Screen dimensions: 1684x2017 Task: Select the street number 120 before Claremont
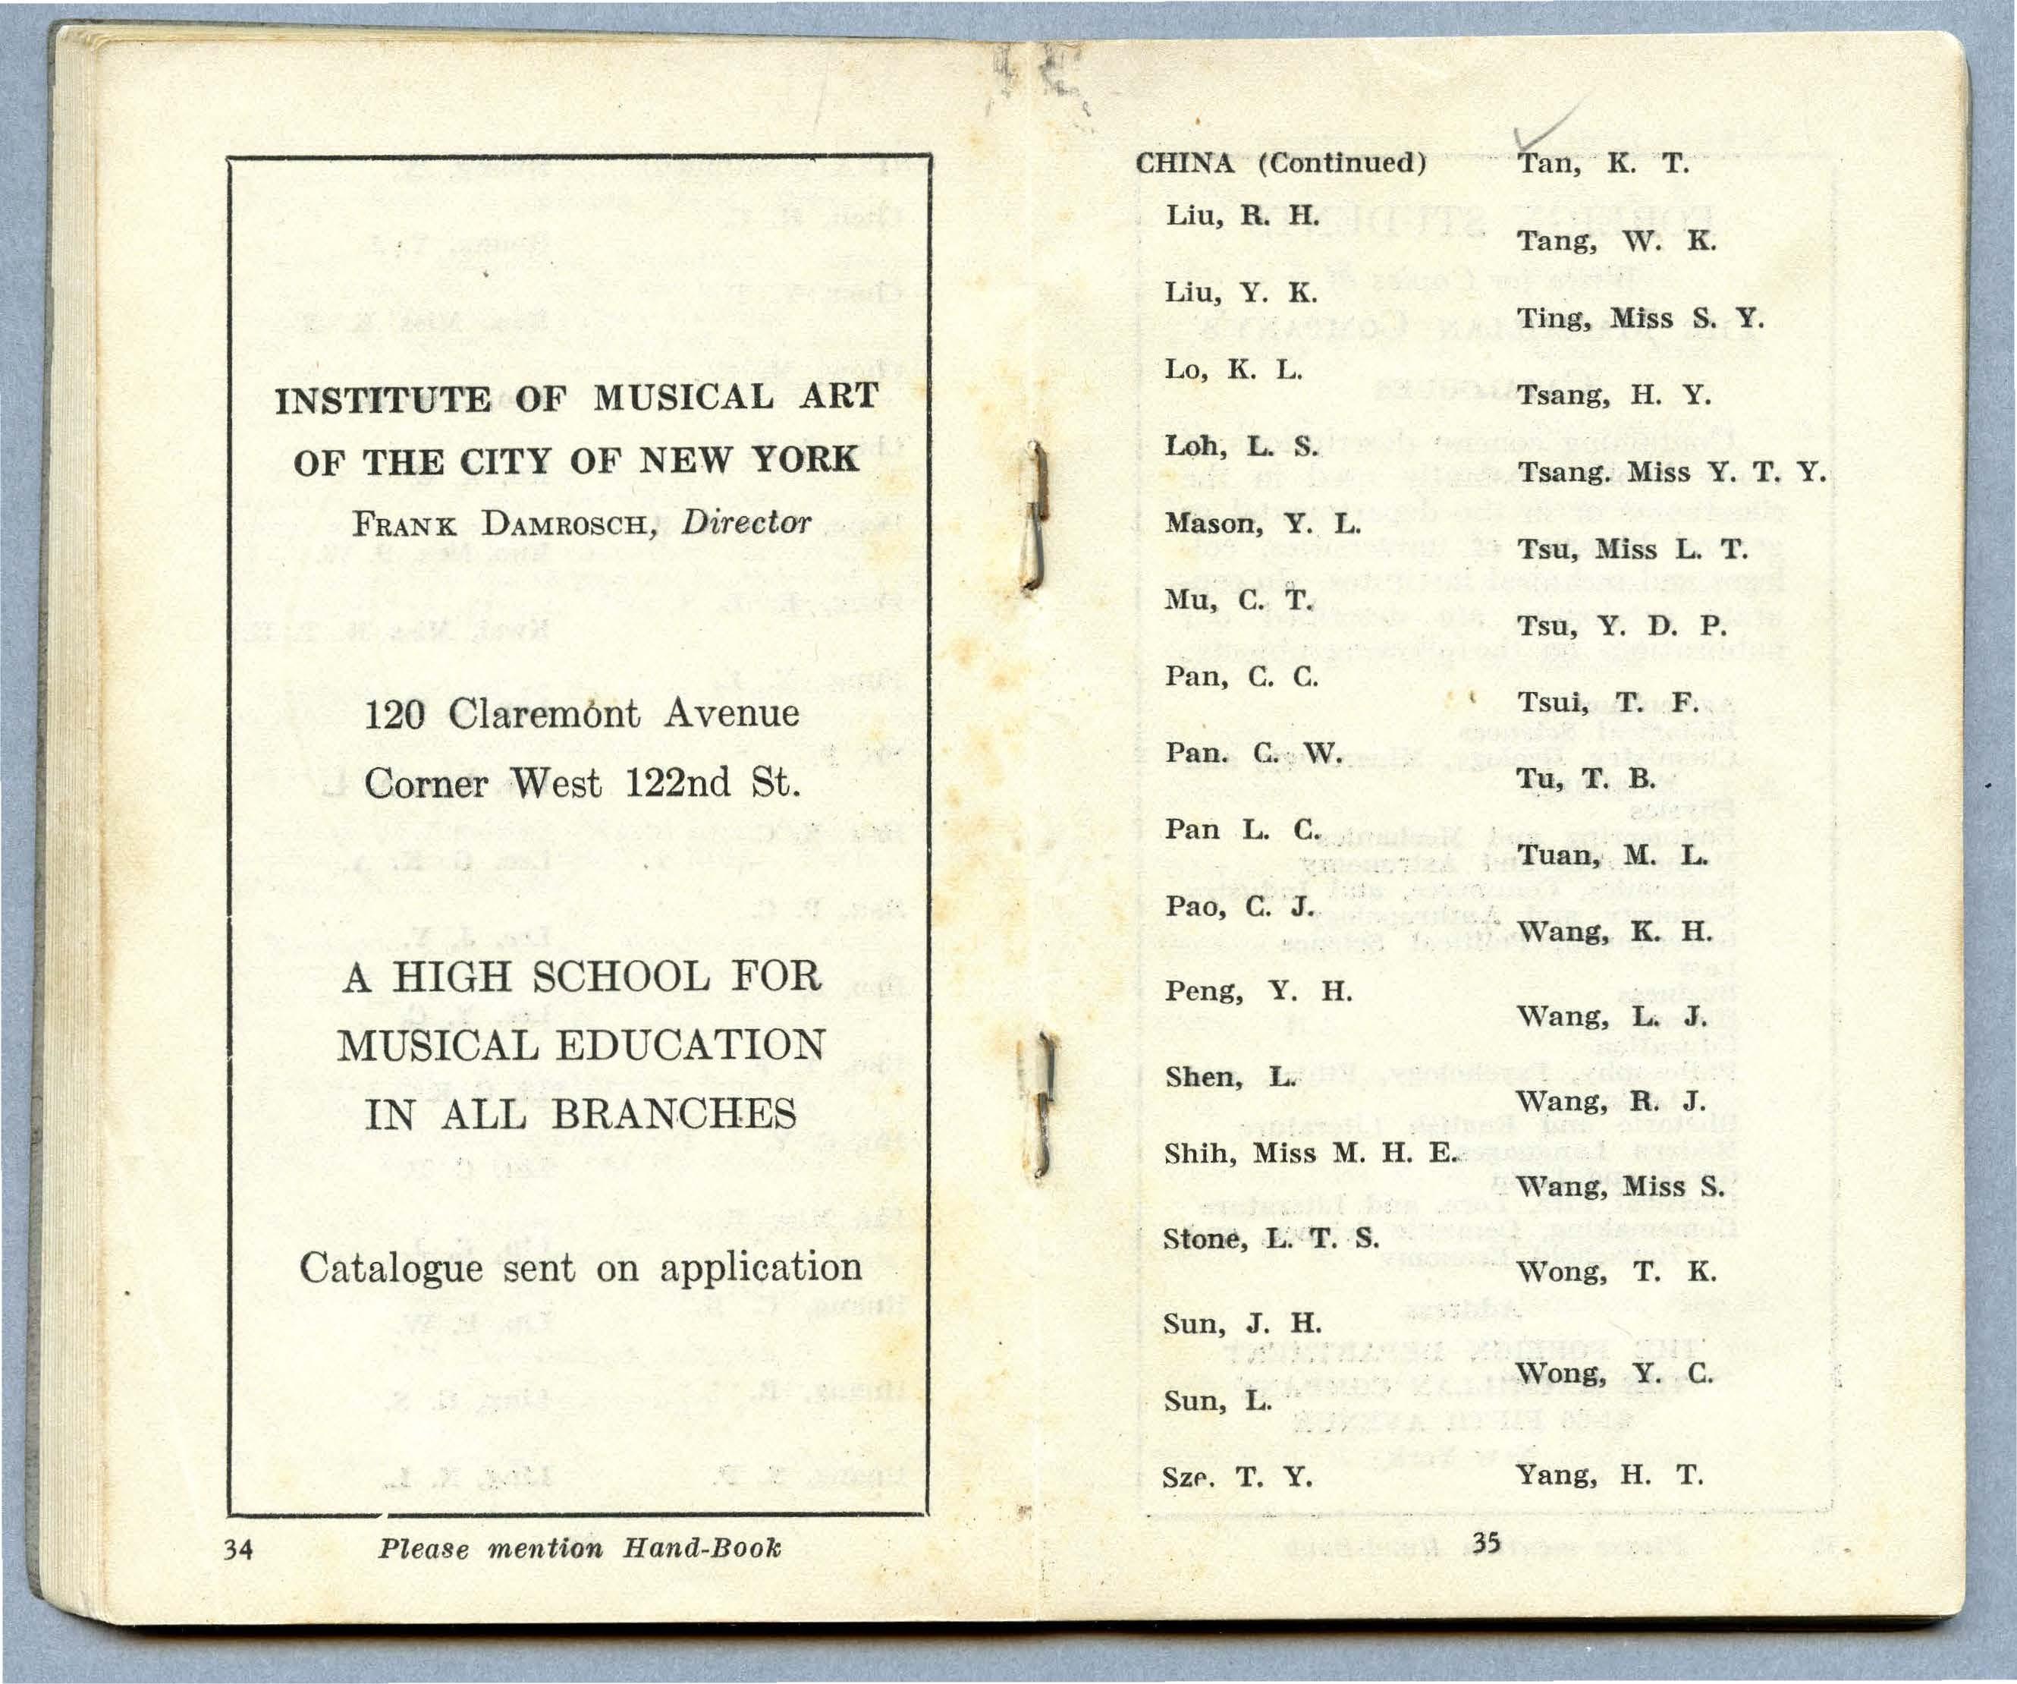(394, 715)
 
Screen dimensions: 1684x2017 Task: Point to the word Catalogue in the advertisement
(391, 1268)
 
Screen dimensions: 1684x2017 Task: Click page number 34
(237, 1549)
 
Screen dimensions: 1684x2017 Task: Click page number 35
(1486, 1543)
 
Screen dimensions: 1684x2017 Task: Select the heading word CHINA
(1184, 163)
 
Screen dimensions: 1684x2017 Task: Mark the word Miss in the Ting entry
(1642, 318)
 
